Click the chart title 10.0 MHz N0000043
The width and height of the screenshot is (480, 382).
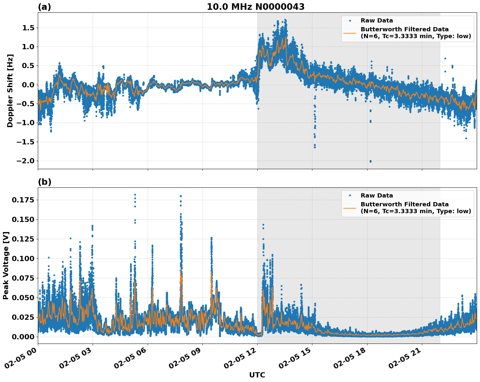[x=255, y=7]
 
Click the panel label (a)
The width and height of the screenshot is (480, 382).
[x=44, y=7]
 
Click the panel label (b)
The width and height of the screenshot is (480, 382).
[x=44, y=182]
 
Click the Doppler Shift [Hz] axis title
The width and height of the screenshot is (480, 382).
[x=10, y=91]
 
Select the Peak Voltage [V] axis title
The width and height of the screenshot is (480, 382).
[x=6, y=265]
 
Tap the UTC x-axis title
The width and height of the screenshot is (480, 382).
[x=257, y=375]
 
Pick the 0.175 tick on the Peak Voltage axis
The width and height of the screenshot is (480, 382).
[x=23, y=200]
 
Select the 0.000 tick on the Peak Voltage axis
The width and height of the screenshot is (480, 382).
[x=23, y=337]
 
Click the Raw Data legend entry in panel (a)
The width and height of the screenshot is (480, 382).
[x=377, y=21]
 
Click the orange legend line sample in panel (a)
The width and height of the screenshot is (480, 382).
[x=350, y=33]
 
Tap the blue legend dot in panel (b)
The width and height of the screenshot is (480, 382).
[x=350, y=196]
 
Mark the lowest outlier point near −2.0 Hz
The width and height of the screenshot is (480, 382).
[x=370, y=161]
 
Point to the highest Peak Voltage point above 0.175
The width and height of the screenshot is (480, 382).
[x=135, y=195]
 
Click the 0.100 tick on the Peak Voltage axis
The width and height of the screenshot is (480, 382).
[x=23, y=258]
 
